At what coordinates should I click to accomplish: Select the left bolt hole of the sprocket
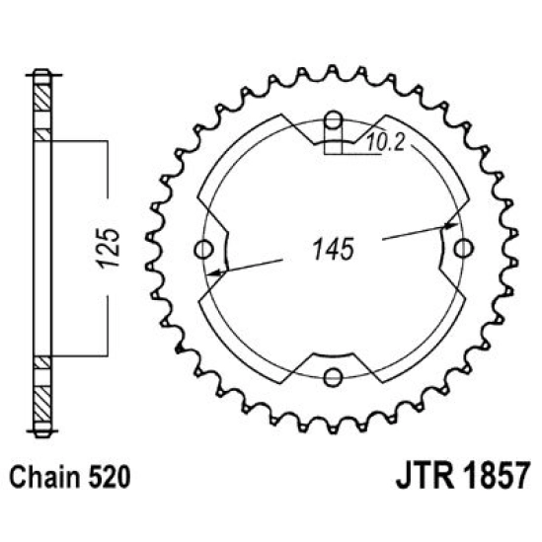(206, 249)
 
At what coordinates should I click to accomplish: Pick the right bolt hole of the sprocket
(459, 249)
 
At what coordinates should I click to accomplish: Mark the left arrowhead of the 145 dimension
(226, 269)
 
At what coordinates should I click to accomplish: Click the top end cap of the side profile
(40, 73)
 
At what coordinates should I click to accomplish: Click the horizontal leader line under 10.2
(370, 152)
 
